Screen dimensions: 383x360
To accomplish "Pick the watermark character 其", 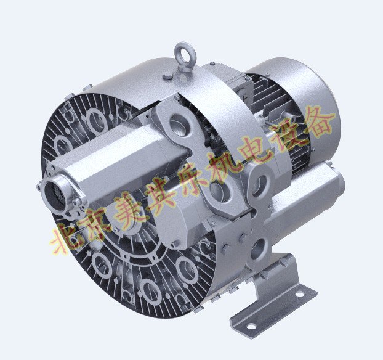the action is tap(161, 192).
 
